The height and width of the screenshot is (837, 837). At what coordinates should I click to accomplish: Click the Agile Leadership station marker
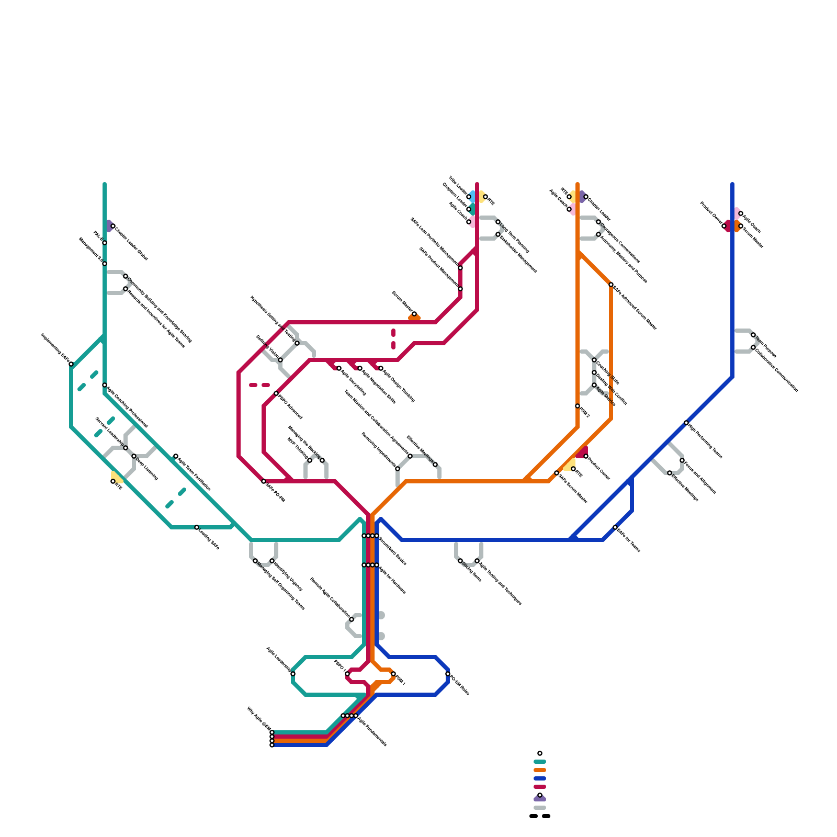(293, 674)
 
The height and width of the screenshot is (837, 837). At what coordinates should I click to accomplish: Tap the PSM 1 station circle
(393, 674)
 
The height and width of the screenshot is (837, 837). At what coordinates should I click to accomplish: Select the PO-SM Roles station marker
(448, 674)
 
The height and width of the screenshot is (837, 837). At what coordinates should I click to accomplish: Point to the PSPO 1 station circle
(347, 674)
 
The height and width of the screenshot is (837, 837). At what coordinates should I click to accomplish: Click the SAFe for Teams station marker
(615, 527)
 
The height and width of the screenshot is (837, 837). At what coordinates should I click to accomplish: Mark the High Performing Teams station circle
(686, 423)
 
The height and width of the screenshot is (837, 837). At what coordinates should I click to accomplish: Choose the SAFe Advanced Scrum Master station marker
(611, 285)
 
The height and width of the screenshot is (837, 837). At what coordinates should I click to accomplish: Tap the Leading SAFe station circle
(197, 527)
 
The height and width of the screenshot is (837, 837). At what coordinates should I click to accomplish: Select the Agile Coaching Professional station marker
(105, 385)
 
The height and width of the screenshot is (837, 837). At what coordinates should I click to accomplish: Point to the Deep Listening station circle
(134, 456)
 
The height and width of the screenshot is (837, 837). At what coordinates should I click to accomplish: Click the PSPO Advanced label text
(291, 407)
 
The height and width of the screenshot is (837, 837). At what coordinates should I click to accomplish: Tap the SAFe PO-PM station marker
(264, 481)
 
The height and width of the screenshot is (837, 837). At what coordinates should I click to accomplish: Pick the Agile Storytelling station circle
(339, 368)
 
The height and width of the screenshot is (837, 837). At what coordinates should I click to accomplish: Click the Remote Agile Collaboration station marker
(352, 619)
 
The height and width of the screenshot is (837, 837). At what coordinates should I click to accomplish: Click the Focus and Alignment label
(700, 478)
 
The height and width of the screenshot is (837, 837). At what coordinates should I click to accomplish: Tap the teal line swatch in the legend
(540, 762)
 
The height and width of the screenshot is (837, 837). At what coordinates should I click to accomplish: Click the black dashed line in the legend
(540, 816)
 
